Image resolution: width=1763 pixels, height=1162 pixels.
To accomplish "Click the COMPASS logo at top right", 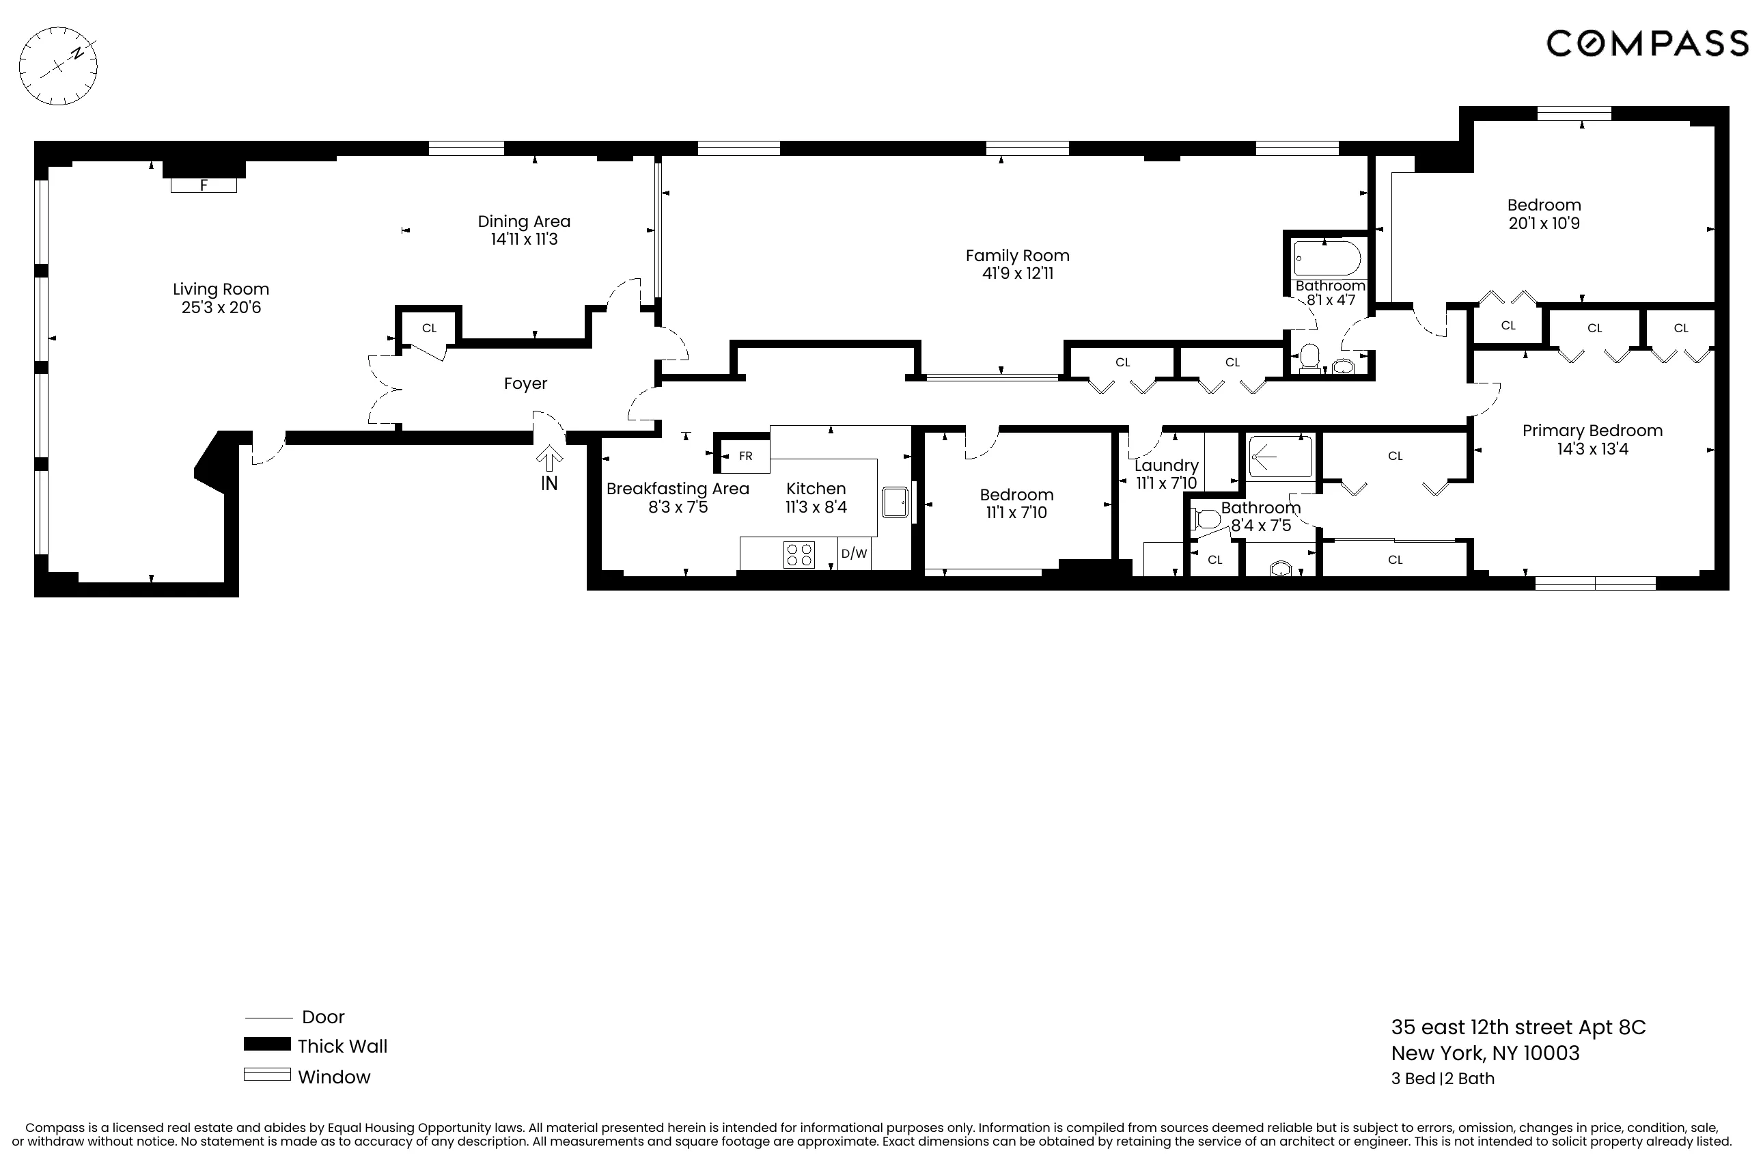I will (x=1647, y=44).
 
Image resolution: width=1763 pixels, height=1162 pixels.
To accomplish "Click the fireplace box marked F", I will (x=204, y=185).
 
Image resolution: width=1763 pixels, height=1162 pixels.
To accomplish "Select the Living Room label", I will (x=221, y=289).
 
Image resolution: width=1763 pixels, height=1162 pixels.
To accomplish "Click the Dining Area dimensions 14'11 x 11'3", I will (x=524, y=239).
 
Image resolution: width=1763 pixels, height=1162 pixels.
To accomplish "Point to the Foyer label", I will (x=525, y=384).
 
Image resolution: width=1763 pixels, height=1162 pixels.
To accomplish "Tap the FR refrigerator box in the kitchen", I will (x=745, y=456).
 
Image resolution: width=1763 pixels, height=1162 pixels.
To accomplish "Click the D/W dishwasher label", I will (x=854, y=554).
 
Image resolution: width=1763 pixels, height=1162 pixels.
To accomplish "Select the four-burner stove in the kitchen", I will (x=799, y=554).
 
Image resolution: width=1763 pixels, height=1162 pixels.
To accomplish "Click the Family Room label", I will (x=1017, y=256).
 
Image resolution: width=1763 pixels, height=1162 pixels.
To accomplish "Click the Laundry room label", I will (x=1166, y=465).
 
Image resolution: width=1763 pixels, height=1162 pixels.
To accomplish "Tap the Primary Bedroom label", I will (x=1592, y=431).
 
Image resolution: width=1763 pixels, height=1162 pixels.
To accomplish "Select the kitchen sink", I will (x=895, y=502).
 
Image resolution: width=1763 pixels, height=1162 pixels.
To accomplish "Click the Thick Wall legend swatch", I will (x=266, y=1044).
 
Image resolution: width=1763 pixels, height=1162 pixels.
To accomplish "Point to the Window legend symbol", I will (x=266, y=1075).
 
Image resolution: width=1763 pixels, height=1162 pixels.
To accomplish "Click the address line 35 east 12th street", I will (x=1518, y=1027).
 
